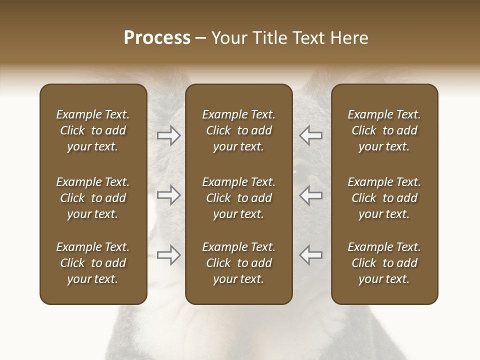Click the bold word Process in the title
click(x=157, y=38)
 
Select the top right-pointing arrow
click(x=169, y=135)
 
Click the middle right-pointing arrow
click(x=169, y=195)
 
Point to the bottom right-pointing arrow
click(x=169, y=255)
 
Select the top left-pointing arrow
click(x=311, y=135)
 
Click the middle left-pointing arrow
click(x=311, y=195)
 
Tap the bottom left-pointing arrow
click(x=311, y=255)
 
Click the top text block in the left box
click(x=93, y=130)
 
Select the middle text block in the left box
click(x=93, y=198)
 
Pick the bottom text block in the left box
click(x=93, y=263)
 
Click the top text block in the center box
click(x=238, y=130)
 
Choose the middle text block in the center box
click(x=238, y=198)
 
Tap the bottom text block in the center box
click(x=238, y=263)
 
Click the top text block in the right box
click(x=384, y=130)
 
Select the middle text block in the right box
click(x=384, y=198)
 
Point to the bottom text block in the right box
click(x=384, y=263)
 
